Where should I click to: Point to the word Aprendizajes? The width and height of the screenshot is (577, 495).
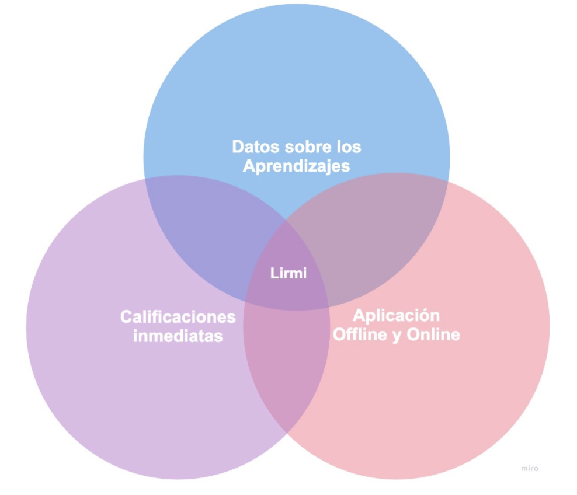click(296, 166)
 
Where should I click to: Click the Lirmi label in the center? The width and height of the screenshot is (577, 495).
click(288, 273)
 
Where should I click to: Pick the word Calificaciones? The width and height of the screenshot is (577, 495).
click(178, 317)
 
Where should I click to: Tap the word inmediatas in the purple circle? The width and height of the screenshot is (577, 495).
click(178, 337)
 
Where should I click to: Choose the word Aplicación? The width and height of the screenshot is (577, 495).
click(396, 316)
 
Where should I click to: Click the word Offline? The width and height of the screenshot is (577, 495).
click(358, 335)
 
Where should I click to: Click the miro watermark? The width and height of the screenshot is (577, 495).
click(529, 468)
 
